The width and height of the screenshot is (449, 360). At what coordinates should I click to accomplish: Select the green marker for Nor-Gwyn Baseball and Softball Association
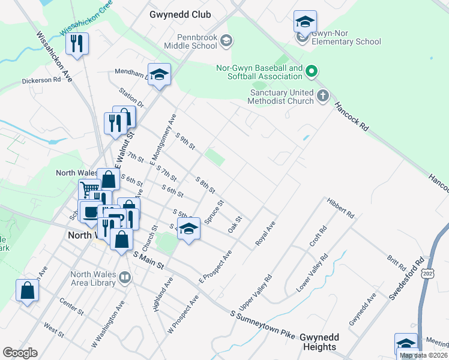[x=311, y=73]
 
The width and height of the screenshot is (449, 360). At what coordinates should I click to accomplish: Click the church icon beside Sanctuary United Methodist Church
[x=323, y=95]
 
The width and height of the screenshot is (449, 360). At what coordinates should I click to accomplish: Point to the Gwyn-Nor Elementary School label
[x=346, y=42]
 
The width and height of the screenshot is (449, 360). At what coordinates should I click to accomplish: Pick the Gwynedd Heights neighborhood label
[x=319, y=343]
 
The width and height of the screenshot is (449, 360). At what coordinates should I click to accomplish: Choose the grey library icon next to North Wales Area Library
[x=124, y=278]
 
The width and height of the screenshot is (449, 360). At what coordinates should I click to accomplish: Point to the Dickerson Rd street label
[x=41, y=79]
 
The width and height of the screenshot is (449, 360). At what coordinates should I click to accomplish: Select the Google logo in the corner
[x=20, y=353]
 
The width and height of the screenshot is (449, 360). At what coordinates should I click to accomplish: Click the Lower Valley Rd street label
[x=312, y=273]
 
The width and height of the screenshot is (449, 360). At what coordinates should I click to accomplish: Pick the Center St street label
[x=71, y=307]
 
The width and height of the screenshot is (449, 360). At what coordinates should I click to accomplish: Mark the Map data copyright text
[x=423, y=355]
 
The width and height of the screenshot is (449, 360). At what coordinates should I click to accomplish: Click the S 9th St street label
[x=185, y=142]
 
